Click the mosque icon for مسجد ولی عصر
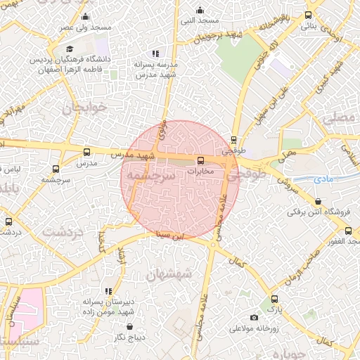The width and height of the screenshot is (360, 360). pos(86,16)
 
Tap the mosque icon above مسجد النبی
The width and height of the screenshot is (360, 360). pos(200,10)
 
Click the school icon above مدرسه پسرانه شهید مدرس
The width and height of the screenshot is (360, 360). pos(155,53)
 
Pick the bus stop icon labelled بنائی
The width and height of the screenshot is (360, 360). pos(308,15)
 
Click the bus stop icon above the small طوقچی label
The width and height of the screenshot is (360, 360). pos(233,139)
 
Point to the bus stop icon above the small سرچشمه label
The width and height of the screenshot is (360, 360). pos(56,169)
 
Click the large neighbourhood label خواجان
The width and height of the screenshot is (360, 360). pos(87,109)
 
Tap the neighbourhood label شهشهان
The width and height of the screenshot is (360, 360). pos(169,274)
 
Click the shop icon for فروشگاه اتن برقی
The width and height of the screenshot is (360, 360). pos(318,202)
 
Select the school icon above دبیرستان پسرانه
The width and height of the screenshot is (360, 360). pos(108,290)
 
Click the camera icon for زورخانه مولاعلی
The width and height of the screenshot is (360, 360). pos(233,328)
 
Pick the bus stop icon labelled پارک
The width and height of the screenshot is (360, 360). pos(274,298)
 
